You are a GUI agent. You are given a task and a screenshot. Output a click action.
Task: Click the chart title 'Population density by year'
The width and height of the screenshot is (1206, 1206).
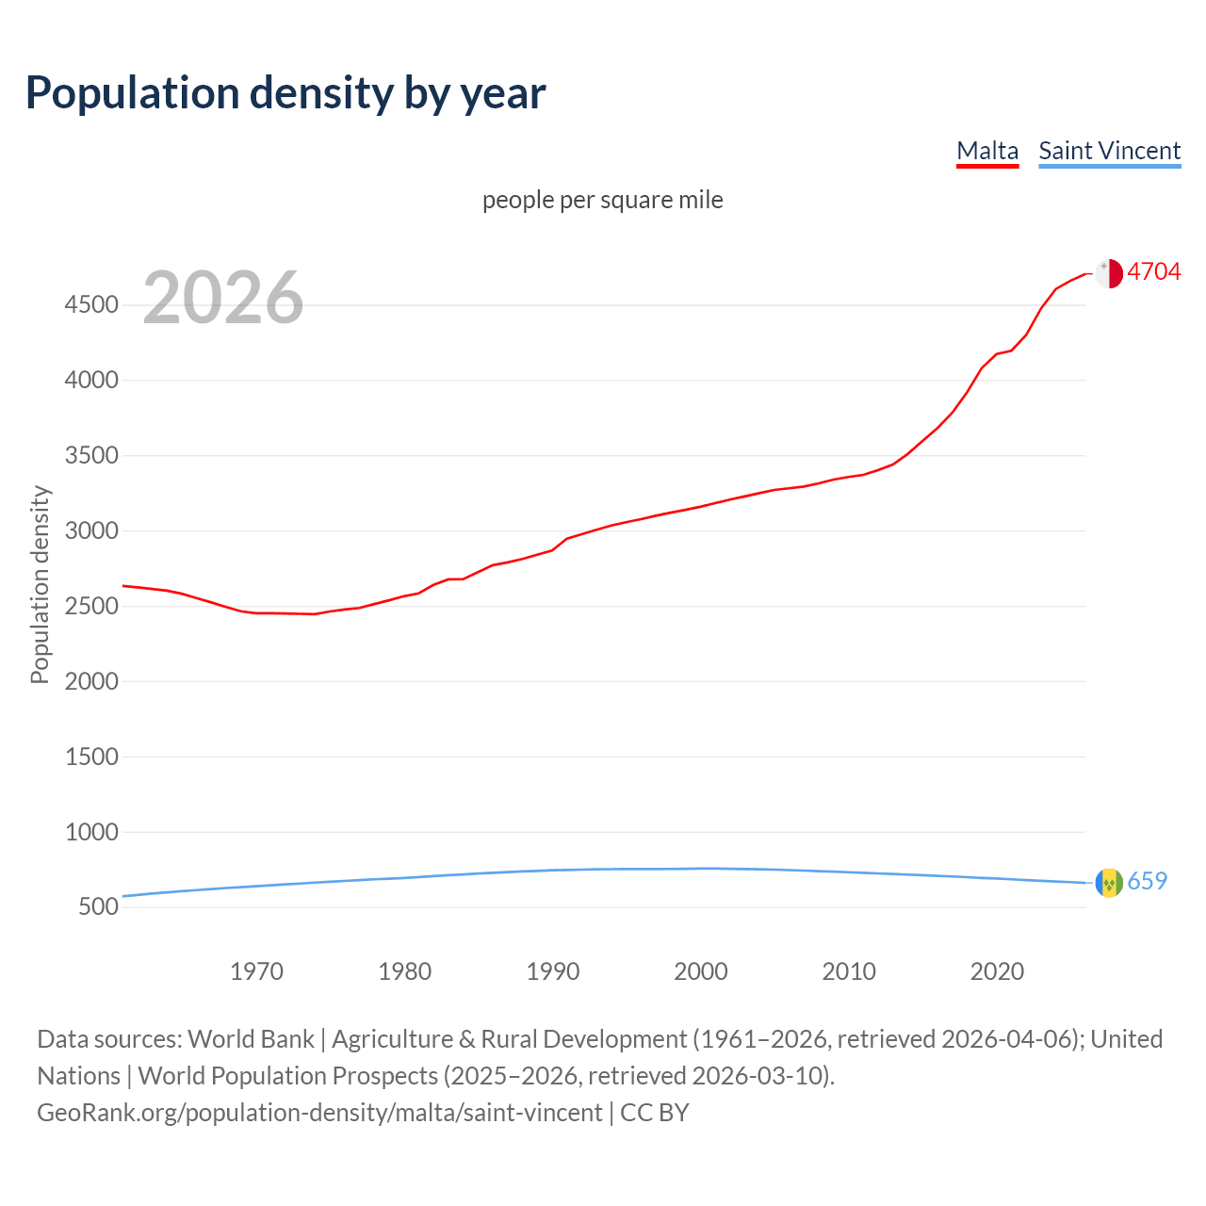285,93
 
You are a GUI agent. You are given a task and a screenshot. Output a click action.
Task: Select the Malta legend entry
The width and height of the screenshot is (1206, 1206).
987,151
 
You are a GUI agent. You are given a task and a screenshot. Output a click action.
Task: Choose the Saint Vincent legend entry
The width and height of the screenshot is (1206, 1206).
1109,151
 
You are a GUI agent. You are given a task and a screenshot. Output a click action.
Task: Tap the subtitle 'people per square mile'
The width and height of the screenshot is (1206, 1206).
603,200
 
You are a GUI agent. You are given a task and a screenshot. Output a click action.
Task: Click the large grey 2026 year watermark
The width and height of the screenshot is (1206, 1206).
223,298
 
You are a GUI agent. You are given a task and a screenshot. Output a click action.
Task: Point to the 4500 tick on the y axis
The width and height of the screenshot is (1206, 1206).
91,304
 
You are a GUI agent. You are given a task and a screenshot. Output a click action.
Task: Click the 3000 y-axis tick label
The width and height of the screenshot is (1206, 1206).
91,530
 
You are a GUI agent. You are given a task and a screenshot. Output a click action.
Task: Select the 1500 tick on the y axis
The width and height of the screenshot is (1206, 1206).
91,757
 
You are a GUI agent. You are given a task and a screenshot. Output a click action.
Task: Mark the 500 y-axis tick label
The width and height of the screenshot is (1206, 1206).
98,906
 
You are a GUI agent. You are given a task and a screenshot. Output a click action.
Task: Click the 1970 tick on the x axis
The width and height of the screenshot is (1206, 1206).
256,971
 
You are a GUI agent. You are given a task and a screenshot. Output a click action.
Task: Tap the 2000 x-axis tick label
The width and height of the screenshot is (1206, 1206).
701,971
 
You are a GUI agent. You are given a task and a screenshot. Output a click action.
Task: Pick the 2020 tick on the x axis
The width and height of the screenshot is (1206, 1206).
997,971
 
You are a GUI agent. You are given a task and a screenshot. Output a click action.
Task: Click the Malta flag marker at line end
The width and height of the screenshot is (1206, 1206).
1109,273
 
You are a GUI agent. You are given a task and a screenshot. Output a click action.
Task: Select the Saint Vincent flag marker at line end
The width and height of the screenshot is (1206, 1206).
1109,883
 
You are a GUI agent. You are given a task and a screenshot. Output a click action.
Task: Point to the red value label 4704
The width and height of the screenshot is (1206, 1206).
1153,271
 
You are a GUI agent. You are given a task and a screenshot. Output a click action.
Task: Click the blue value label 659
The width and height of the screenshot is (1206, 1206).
1147,881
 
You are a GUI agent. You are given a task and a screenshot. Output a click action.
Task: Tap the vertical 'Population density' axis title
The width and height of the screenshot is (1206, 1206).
40,584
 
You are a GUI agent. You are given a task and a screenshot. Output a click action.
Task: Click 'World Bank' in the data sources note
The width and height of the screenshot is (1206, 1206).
251,1039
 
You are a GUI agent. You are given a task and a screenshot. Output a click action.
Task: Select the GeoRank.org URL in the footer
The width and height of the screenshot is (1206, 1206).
319,1113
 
